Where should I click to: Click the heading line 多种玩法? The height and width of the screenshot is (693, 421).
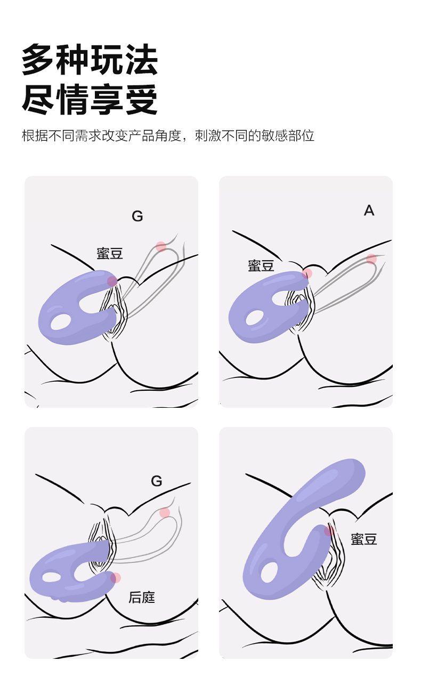[90, 60]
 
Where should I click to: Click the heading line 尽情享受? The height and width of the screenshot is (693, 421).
[90, 100]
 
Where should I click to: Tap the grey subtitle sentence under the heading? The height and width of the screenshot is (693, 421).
[168, 135]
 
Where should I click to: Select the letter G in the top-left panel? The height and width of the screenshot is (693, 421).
[137, 216]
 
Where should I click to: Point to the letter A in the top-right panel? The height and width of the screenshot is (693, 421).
[369, 211]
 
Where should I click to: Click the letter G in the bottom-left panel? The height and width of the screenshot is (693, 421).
[157, 481]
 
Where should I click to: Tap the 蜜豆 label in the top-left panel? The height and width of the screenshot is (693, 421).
[110, 253]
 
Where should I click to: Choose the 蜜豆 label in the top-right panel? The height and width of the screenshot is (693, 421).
[261, 265]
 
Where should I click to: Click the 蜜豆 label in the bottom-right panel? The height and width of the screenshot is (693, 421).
[364, 539]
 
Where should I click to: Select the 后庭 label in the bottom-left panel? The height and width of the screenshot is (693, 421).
[142, 597]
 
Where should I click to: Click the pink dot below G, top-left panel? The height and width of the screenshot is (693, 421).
[161, 246]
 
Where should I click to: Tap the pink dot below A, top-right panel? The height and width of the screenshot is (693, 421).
[371, 259]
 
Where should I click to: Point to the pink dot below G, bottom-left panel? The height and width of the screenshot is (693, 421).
[165, 513]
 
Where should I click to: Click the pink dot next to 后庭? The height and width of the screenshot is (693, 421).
[116, 578]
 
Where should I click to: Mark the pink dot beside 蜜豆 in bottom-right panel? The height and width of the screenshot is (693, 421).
[329, 530]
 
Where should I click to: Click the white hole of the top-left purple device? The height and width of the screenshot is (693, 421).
[61, 321]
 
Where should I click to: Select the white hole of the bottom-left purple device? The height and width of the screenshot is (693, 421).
[51, 577]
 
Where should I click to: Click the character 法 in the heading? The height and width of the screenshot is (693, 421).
[141, 60]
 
